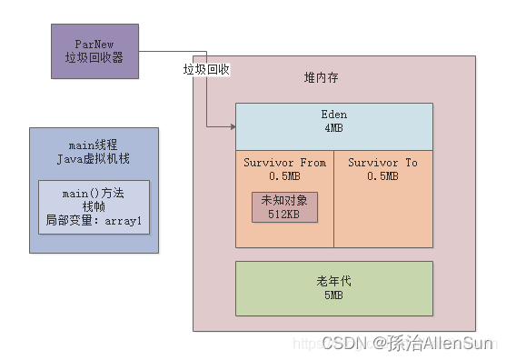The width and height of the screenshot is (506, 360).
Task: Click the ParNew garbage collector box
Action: [101, 50]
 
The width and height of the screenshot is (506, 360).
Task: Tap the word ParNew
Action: [101, 44]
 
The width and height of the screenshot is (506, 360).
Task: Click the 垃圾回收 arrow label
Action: [207, 69]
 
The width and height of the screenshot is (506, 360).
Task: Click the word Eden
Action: [333, 115]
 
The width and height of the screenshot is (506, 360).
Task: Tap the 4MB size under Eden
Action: [333, 127]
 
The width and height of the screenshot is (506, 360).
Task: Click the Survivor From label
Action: [284, 162]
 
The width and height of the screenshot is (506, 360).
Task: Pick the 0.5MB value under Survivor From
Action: [284, 175]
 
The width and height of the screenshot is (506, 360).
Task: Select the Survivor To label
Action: [382, 162]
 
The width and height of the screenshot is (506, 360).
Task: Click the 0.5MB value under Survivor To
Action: [382, 175]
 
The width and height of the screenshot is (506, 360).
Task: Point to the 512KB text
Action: [284, 215]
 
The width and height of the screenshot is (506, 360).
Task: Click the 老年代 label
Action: [333, 281]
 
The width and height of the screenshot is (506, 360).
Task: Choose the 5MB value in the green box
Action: [333, 295]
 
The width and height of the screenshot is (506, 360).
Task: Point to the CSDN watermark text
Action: [344, 343]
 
